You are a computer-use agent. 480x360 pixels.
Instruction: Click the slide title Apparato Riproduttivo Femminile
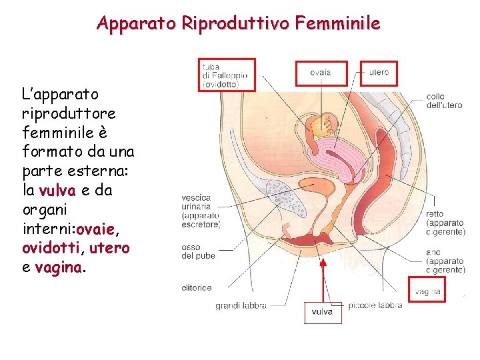[239, 24]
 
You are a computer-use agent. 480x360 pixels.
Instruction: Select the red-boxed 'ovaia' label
[321, 73]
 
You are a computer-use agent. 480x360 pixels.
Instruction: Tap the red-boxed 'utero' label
[378, 72]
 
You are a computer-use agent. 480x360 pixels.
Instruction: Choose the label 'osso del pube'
[195, 252]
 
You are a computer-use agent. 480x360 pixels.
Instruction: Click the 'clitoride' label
[197, 288]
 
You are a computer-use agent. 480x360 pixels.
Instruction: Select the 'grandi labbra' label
[241, 306]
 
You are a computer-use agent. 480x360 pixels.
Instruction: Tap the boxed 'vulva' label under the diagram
[323, 312]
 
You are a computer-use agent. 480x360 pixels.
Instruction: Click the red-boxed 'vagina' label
[427, 291]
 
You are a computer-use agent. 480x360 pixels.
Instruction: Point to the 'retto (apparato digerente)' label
[445, 223]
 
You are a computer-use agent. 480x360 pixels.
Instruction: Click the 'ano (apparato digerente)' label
[445, 261]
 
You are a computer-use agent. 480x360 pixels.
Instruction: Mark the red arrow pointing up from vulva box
[323, 280]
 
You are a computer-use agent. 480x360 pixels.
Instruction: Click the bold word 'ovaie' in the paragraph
[96, 230]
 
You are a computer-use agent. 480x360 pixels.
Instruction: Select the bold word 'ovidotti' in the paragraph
[49, 248]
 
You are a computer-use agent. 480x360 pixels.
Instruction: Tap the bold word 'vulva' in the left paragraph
[58, 191]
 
